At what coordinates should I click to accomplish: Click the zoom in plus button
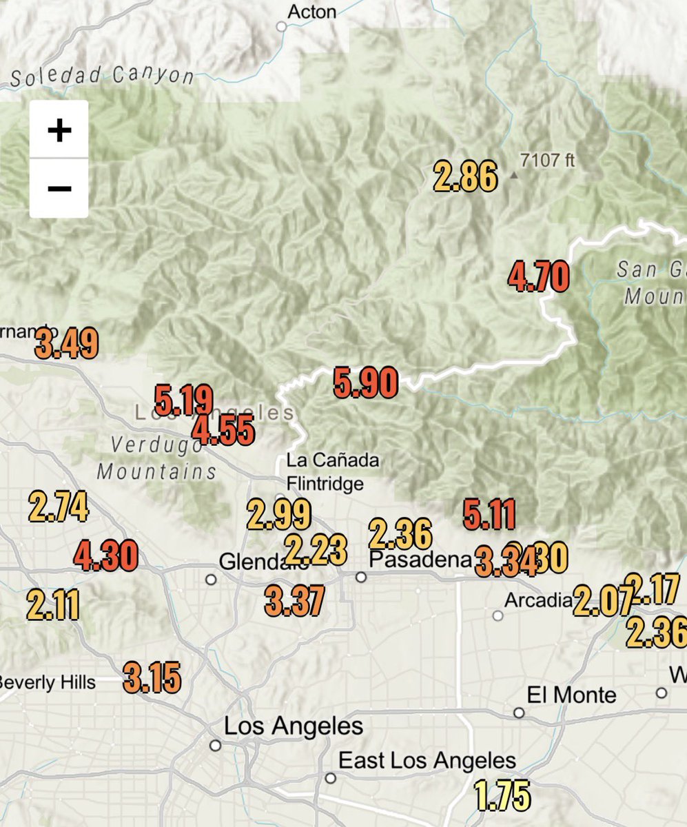click(59, 130)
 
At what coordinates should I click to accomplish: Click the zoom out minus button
click(59, 188)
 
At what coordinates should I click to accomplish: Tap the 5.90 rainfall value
click(366, 383)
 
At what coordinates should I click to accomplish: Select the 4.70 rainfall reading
click(538, 277)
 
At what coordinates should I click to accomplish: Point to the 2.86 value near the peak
click(465, 176)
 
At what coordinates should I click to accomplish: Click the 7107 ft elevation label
click(547, 161)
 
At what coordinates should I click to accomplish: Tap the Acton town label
click(311, 12)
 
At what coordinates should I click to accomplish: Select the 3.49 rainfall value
click(67, 344)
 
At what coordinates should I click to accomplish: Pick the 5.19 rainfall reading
click(183, 400)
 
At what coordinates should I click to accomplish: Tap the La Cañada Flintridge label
click(325, 471)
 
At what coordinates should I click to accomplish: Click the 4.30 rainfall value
click(105, 556)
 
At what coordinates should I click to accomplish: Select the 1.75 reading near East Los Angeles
click(502, 794)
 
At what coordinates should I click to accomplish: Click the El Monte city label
click(571, 694)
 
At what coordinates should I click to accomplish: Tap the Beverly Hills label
click(47, 682)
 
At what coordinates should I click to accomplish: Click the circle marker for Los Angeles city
click(216, 745)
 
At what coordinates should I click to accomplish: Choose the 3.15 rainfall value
click(152, 678)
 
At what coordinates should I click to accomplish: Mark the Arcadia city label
click(537, 600)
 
